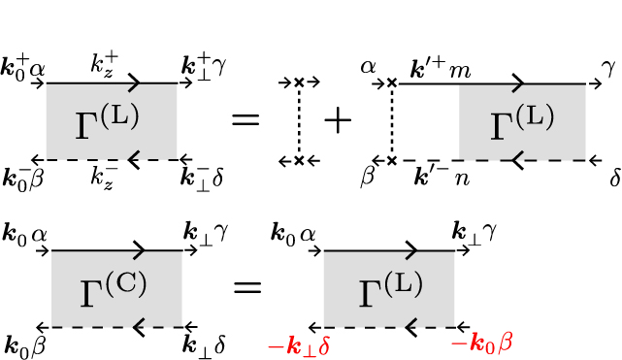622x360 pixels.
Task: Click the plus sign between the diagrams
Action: click(x=339, y=121)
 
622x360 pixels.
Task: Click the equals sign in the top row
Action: click(x=246, y=121)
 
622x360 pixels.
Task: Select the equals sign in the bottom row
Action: click(x=246, y=287)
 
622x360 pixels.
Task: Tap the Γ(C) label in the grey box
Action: click(x=116, y=288)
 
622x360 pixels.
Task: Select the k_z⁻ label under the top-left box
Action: click(x=106, y=176)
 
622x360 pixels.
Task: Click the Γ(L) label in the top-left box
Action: click(x=107, y=121)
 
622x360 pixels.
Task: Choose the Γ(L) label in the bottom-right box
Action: click(x=389, y=288)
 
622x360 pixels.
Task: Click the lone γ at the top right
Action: click(x=607, y=67)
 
